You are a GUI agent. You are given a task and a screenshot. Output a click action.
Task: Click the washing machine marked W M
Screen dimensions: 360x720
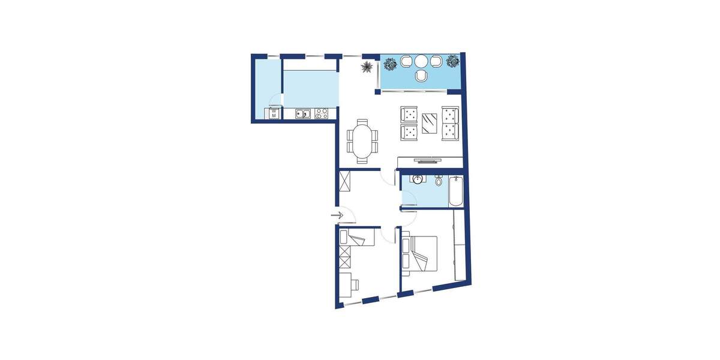(x=274, y=113)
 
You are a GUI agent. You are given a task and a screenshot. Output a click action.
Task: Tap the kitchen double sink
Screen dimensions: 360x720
(x=303, y=113)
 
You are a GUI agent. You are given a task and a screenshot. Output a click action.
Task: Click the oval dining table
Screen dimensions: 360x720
(x=362, y=140)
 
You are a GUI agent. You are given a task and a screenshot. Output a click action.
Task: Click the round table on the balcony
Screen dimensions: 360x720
(x=421, y=61)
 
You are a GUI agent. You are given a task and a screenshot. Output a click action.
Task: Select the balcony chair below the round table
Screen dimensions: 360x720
(x=421, y=75)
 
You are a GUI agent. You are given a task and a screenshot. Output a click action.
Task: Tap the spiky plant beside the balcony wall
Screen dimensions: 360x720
(x=366, y=67)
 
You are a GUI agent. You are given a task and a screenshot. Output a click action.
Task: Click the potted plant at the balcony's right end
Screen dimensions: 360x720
(x=452, y=61)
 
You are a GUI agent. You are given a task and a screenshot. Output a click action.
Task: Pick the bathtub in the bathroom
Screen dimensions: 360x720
(x=455, y=191)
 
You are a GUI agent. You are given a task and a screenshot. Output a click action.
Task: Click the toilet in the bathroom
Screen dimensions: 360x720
(x=439, y=180)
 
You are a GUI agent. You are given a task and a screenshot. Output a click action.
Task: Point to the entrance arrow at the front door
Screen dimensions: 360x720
(x=336, y=215)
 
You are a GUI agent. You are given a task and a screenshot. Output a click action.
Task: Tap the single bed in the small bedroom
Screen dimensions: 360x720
(x=358, y=238)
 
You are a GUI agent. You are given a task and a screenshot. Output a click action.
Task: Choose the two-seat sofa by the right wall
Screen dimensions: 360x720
(x=450, y=123)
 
